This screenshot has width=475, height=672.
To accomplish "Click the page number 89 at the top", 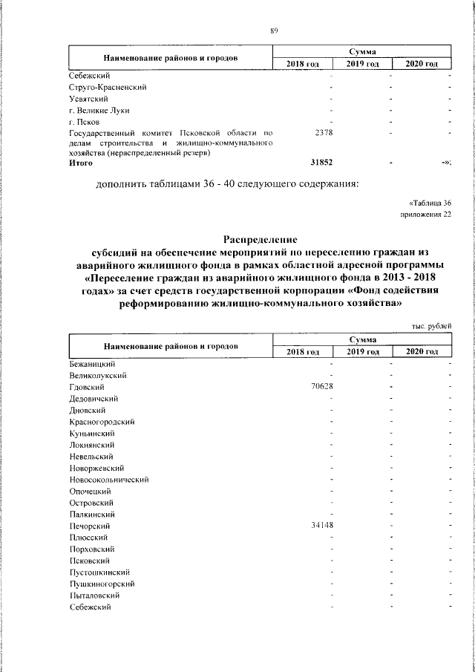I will point(273,30).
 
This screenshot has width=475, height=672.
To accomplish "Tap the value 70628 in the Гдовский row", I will point(321,387).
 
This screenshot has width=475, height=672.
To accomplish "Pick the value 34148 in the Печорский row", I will point(321,526).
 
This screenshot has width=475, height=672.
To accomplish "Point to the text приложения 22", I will point(425,215).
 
